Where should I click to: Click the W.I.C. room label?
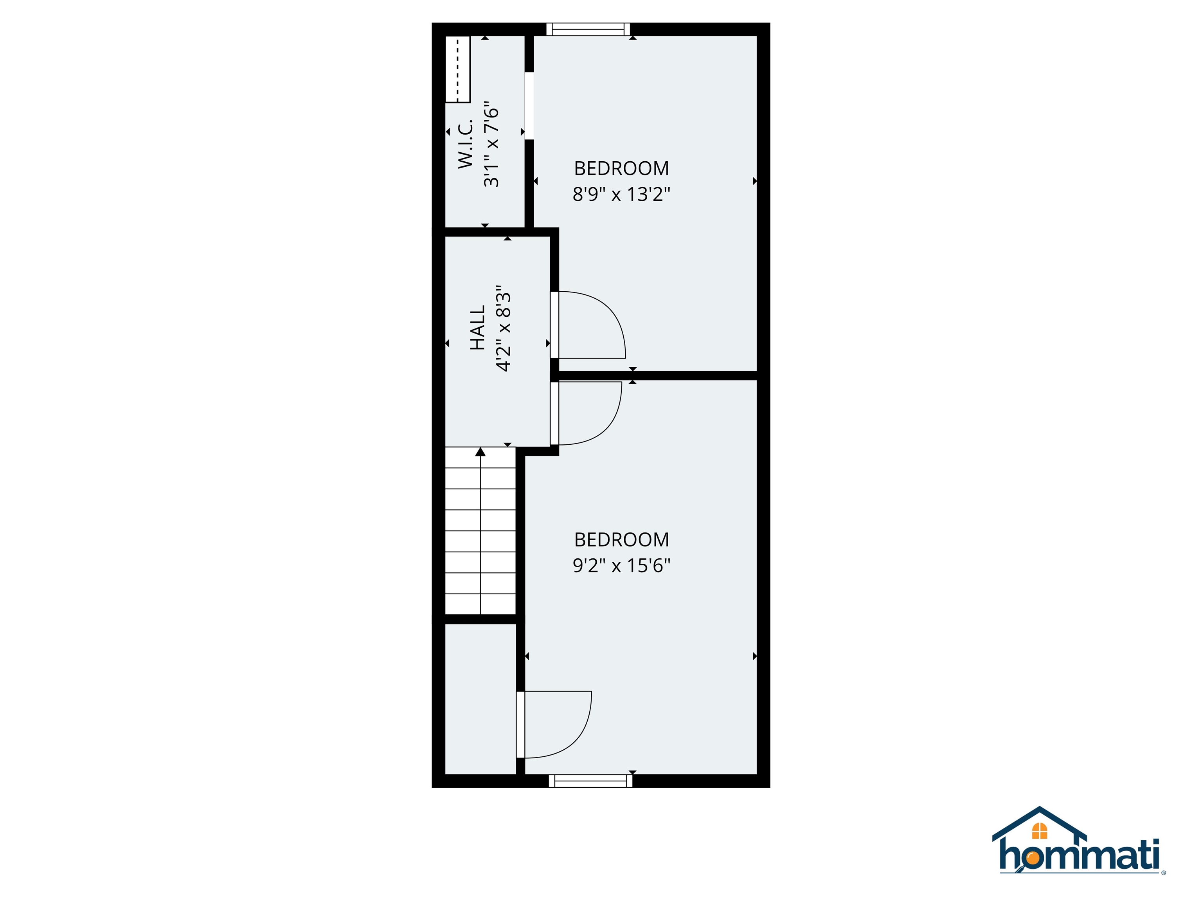click(x=466, y=144)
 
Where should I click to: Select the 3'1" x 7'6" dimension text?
click(x=491, y=144)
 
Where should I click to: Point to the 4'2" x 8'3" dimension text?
click(x=504, y=328)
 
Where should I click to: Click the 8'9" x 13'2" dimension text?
click(x=621, y=194)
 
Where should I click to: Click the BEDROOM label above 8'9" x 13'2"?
click(x=621, y=169)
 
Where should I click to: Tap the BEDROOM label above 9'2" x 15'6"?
click(x=621, y=539)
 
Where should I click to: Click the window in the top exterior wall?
click(x=588, y=29)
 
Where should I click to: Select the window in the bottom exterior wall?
click(x=591, y=781)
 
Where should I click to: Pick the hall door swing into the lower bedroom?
click(x=590, y=413)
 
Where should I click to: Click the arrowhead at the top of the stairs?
click(x=480, y=452)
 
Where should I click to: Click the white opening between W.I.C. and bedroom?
click(x=529, y=106)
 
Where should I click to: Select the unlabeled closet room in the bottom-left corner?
click(x=480, y=699)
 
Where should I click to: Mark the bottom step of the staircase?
click(x=480, y=604)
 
